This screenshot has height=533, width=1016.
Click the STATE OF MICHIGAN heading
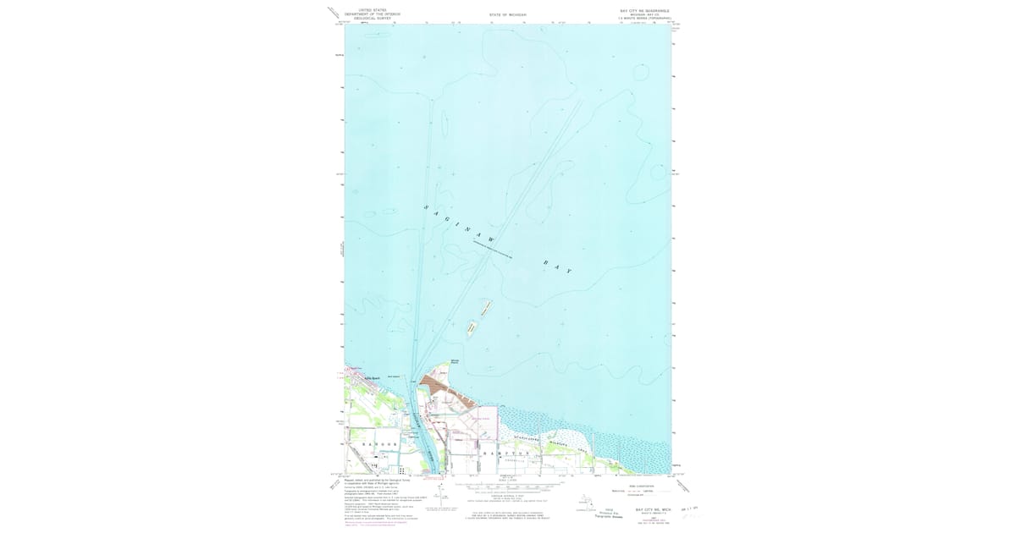coord(507,15)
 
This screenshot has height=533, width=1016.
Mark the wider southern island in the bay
coord(471,327)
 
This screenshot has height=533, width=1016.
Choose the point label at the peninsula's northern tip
coord(455,364)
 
